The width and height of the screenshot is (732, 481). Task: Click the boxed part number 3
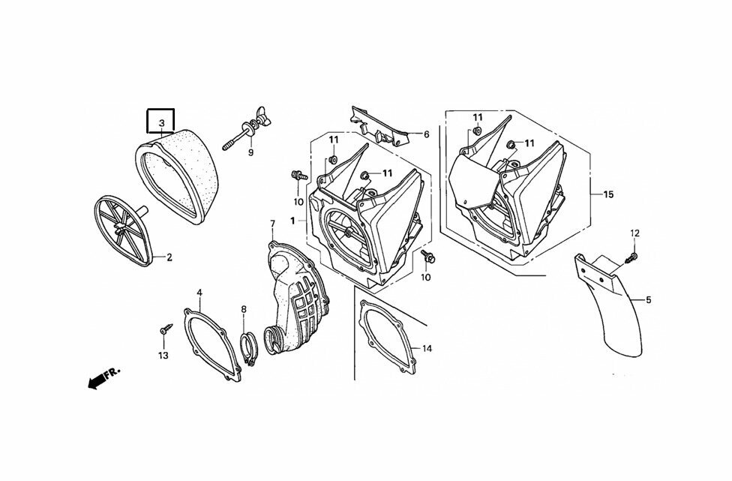[x=161, y=123]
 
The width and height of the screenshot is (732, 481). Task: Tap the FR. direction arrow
[x=103, y=377]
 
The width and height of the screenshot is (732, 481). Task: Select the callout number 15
[x=608, y=194]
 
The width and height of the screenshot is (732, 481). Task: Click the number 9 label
[x=250, y=152]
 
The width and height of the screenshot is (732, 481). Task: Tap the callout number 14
[x=427, y=349]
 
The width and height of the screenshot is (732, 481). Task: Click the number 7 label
[x=273, y=224]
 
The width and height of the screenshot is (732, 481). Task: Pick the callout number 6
[x=426, y=134]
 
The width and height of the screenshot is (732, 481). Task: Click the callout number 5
[x=648, y=300]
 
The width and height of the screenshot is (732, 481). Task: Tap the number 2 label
[x=169, y=257]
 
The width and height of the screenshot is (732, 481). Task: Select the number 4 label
[x=199, y=293]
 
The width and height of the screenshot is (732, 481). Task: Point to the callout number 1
[x=292, y=221]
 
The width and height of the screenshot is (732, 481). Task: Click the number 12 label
[x=635, y=233]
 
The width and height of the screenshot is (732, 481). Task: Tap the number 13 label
[x=163, y=356]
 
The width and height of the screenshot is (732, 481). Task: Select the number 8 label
[x=244, y=309]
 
